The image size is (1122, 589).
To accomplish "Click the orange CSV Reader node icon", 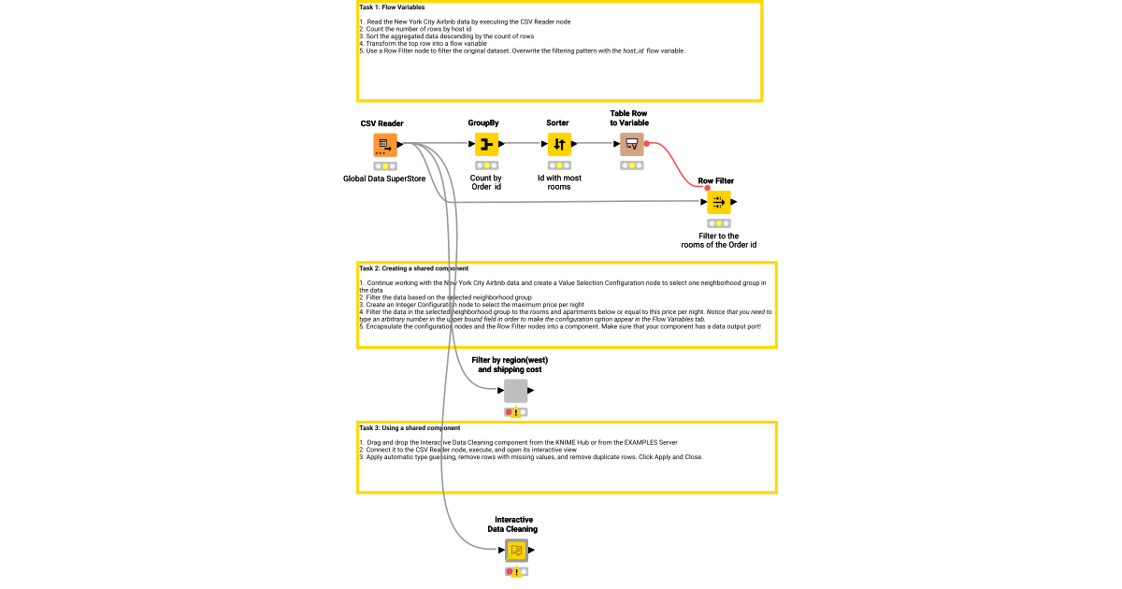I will click(384, 145).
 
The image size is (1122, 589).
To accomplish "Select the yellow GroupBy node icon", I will click(485, 145).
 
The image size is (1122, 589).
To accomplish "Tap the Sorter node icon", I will click(558, 145).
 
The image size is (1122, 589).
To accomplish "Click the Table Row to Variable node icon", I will click(631, 144).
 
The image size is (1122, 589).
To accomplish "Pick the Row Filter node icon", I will click(718, 202).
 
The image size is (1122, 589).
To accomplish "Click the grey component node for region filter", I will click(515, 391).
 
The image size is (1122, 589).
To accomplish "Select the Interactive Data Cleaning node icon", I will click(515, 551).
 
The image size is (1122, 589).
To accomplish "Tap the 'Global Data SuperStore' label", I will click(384, 178).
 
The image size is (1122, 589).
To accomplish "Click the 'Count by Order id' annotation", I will click(485, 182).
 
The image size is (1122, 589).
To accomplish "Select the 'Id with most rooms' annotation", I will click(558, 182).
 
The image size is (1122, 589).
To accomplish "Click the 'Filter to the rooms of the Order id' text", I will click(718, 240).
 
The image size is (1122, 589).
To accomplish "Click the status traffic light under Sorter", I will click(558, 165).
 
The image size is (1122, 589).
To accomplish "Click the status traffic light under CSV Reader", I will click(384, 165).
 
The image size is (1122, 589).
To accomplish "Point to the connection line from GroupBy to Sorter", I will click(524, 144).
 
